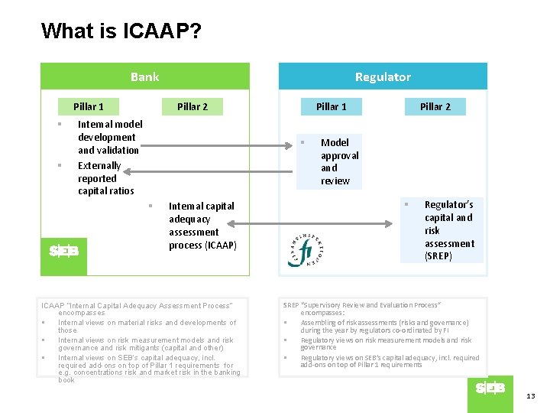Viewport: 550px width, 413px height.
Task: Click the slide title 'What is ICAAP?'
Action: point(121,31)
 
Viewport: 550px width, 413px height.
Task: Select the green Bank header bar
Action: point(145,76)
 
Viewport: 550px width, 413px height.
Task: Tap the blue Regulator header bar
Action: point(383,76)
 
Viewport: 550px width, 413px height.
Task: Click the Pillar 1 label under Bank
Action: point(89,106)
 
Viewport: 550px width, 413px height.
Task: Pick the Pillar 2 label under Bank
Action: point(192,106)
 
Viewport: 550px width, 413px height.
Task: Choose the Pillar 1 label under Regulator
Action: point(332,106)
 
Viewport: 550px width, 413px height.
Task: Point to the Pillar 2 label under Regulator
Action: point(435,106)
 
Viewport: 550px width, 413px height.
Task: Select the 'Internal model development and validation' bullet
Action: point(109,137)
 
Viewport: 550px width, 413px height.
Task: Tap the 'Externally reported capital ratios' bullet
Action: point(105,178)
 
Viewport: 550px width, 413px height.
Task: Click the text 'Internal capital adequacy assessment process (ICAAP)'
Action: point(202,226)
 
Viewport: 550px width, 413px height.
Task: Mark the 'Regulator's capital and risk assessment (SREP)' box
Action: point(448,230)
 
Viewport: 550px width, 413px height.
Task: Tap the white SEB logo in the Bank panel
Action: point(64,251)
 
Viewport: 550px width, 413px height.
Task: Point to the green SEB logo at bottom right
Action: point(490,389)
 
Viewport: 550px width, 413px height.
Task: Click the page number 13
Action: point(531,395)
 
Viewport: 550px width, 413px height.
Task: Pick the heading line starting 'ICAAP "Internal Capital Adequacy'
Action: point(142,305)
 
